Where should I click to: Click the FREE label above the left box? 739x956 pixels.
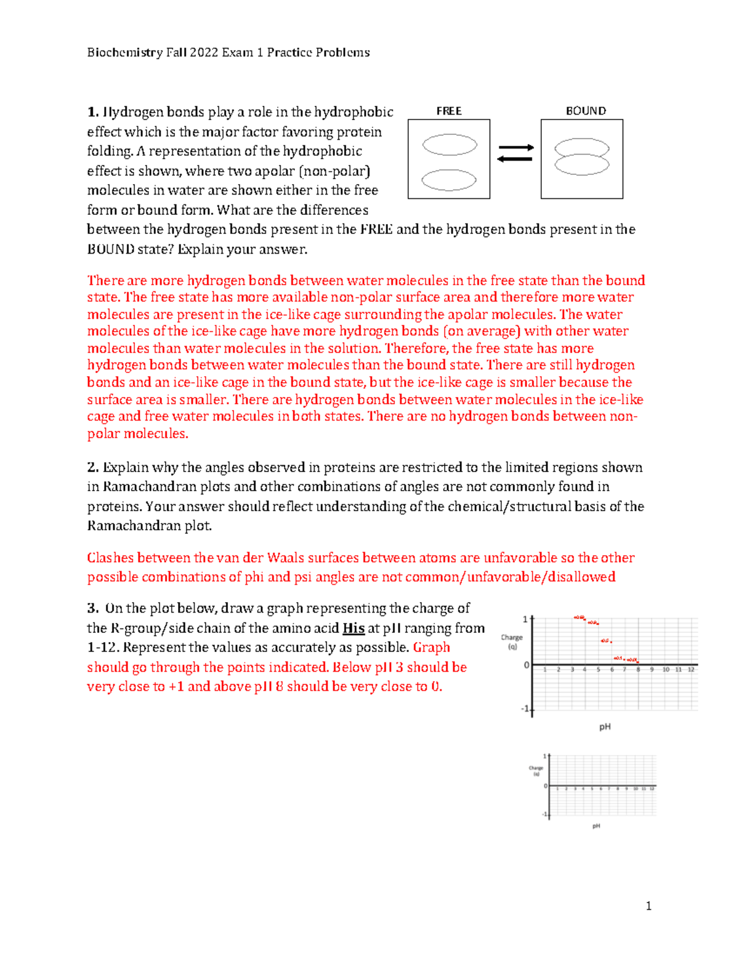449,111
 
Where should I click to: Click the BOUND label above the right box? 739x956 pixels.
586,111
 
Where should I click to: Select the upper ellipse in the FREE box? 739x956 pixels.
450,145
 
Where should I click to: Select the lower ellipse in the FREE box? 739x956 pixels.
449,180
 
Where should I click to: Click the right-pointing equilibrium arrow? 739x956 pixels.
516,148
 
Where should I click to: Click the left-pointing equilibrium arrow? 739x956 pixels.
515,159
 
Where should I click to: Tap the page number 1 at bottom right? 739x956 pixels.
648,906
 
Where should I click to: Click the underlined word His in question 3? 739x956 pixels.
353,628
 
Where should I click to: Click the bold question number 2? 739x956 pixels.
92,467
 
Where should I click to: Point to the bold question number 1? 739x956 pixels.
92,112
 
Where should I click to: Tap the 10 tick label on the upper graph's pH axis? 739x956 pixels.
666,670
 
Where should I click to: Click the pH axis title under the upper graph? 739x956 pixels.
605,727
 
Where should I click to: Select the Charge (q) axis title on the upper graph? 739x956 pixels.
512,641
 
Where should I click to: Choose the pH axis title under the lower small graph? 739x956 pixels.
596,826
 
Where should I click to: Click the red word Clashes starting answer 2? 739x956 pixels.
110,558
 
